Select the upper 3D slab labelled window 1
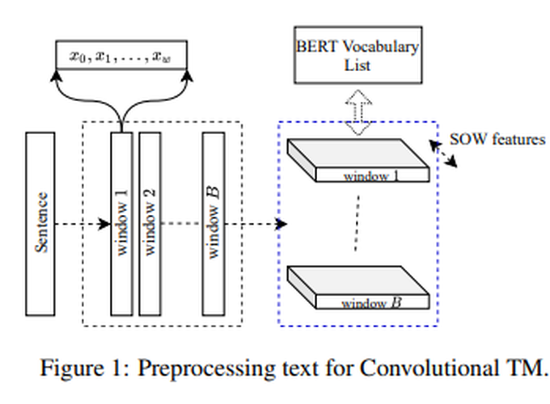(x=356, y=162)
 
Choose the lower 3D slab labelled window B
(x=356, y=288)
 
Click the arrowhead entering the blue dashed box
(x=281, y=223)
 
